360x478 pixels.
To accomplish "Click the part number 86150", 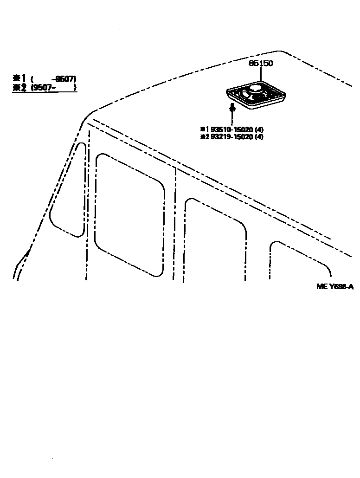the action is pos(261,64).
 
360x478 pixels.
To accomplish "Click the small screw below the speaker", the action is pos(233,109).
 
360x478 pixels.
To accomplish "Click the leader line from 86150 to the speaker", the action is pos(261,74).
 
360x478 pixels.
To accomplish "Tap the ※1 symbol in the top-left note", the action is pos(19,78).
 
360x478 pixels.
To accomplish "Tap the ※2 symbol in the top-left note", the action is pos(19,87).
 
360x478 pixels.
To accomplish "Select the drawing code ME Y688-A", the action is pos(335,286).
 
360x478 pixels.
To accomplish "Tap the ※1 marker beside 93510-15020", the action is pos(204,129).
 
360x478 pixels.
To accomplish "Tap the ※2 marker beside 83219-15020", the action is pos(204,137).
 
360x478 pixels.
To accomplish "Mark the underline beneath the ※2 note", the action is pos(45,92).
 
